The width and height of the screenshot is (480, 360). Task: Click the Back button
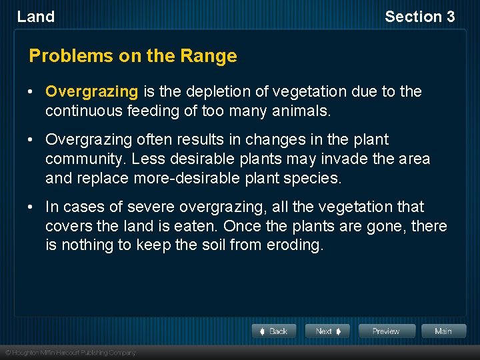tap(274, 331)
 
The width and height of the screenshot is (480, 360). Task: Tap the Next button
tap(327, 331)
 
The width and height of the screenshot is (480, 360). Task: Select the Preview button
tap(386, 331)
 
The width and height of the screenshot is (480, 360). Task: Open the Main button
tap(443, 331)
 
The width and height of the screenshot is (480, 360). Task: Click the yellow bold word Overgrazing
tap(91, 91)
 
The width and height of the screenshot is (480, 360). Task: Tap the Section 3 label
tap(419, 17)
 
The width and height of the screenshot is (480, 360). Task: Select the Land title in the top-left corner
tap(36, 17)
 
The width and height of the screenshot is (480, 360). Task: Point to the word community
tap(86, 159)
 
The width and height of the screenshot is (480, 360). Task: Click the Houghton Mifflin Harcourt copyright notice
tap(70, 352)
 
